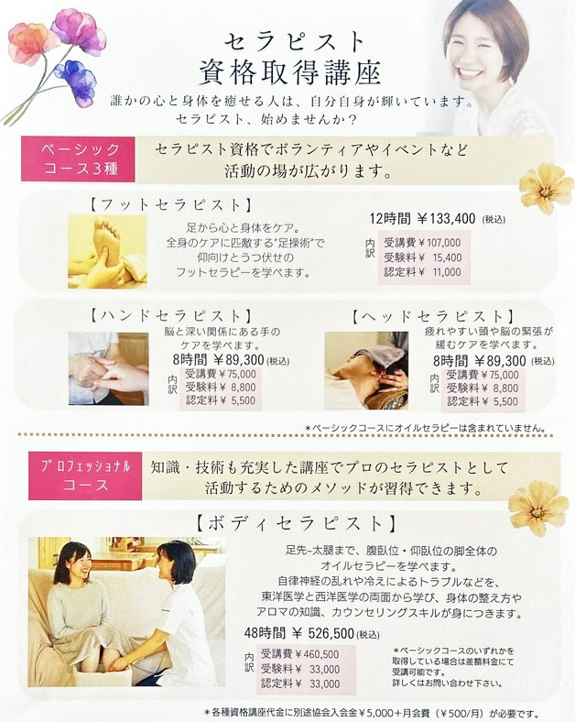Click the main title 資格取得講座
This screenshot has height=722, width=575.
click(289, 72)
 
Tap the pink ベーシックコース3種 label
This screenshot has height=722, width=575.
click(81, 159)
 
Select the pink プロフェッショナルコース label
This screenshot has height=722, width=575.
click(85, 476)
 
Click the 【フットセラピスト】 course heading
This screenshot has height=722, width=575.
click(171, 205)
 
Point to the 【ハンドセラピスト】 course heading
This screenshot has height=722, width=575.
click(171, 316)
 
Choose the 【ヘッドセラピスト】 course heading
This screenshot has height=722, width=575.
click(433, 316)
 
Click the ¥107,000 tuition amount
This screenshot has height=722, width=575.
click(439, 243)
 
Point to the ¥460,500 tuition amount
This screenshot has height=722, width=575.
click(317, 654)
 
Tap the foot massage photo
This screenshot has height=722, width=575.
click(107, 252)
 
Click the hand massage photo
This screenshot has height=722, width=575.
click(109, 368)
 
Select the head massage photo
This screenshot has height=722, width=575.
click(366, 371)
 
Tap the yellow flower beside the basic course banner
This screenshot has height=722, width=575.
click(547, 188)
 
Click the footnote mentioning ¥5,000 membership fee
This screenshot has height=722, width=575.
click(372, 712)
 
